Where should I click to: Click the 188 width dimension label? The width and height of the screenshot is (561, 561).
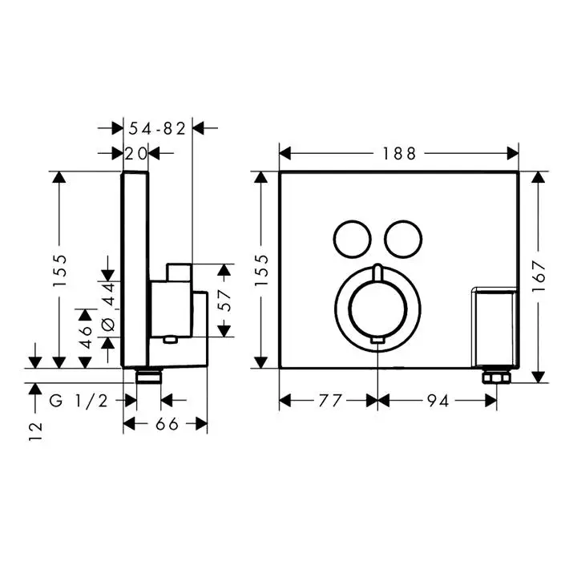(399, 154)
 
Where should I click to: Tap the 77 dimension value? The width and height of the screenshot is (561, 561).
(330, 401)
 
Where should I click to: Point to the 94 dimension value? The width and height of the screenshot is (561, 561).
(438, 401)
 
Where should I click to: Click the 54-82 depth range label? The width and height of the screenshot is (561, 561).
(157, 128)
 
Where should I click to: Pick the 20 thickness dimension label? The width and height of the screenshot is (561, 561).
(136, 154)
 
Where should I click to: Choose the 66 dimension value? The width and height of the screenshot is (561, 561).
(167, 424)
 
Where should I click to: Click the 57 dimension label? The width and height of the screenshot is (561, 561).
(224, 301)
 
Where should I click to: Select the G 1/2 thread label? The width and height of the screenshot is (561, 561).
(79, 401)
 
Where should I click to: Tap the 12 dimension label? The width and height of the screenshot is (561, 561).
(35, 431)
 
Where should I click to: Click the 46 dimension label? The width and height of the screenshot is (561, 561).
(86, 337)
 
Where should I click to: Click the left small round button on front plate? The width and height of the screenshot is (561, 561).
(352, 239)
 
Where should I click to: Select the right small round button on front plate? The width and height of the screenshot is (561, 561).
(403, 239)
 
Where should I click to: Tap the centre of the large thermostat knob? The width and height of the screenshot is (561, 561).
(377, 309)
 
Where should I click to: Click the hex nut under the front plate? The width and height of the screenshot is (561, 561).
(496, 377)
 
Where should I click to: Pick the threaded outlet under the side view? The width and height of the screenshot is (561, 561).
(148, 377)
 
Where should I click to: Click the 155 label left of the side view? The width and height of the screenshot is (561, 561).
(59, 270)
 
